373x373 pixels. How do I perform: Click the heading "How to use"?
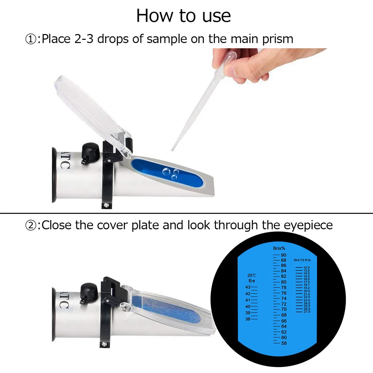click(x=184, y=16)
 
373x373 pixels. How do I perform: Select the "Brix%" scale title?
click(x=279, y=248)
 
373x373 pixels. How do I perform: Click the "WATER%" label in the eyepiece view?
click(x=302, y=260)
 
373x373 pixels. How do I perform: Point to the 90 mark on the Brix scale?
click(x=283, y=255)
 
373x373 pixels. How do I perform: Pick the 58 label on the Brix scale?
click(x=283, y=343)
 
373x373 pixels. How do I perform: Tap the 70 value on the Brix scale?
click(x=283, y=309)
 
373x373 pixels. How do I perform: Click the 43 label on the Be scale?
click(x=248, y=287)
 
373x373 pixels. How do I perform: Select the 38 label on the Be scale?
click(x=248, y=319)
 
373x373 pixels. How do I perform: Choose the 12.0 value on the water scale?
click(x=307, y=267)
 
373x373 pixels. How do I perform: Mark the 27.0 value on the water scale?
click(x=307, y=311)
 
